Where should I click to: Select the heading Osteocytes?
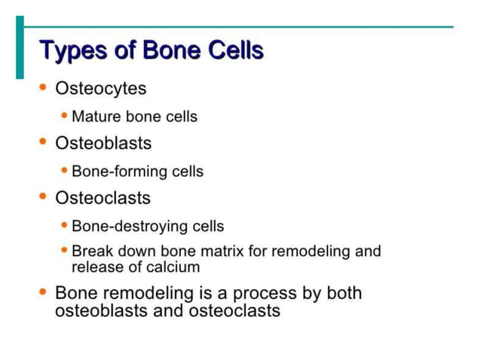(100, 89)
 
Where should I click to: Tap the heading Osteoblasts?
(103, 143)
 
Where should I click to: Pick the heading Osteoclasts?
(103, 198)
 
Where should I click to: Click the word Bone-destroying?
(127, 226)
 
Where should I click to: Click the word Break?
(90, 251)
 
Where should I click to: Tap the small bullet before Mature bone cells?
(65, 116)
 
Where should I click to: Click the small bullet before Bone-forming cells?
(65, 171)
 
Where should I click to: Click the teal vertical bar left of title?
(20, 47)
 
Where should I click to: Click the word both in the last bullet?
(344, 293)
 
